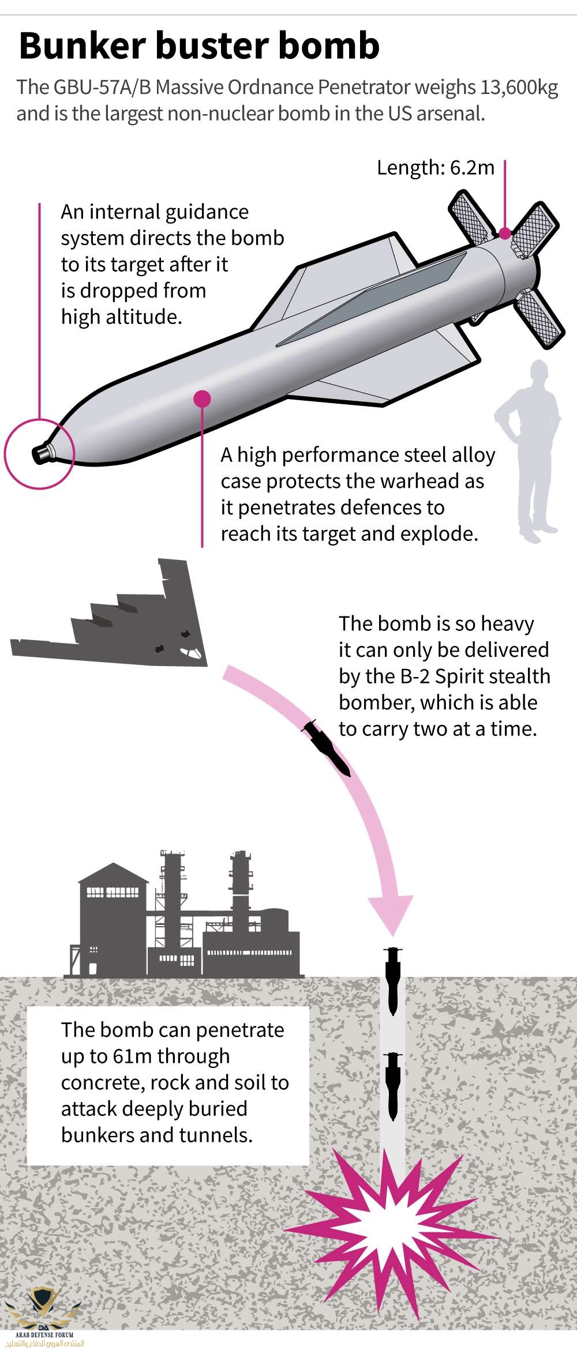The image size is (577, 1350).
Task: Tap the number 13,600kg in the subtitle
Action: tap(516, 88)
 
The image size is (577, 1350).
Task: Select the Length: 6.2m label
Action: tap(436, 168)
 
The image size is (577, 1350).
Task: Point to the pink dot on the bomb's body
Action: tap(202, 398)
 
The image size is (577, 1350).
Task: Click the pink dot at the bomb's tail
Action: tap(504, 234)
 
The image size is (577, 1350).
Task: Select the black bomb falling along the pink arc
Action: tap(327, 747)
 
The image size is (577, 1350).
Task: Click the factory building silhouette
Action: tap(185, 917)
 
